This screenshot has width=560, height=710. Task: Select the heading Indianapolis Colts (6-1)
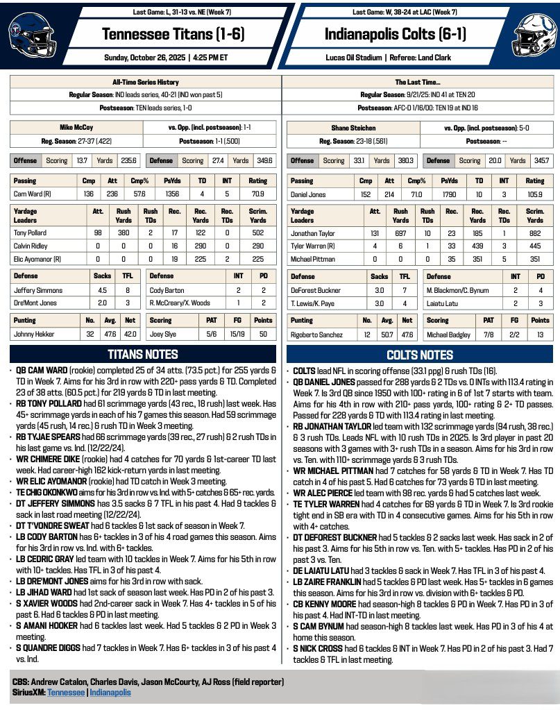click(x=398, y=33)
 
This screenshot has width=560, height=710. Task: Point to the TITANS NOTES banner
click(x=144, y=355)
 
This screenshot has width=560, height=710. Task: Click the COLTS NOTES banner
click(x=419, y=355)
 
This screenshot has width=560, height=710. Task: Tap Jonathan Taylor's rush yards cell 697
click(x=400, y=234)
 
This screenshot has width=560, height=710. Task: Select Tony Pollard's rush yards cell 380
click(x=124, y=234)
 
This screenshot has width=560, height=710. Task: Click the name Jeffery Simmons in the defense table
click(x=38, y=290)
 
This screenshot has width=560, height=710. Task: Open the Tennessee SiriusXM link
click(x=66, y=693)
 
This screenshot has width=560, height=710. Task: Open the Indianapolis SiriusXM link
click(x=110, y=693)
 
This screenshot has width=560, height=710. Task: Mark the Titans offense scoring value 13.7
click(x=82, y=160)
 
